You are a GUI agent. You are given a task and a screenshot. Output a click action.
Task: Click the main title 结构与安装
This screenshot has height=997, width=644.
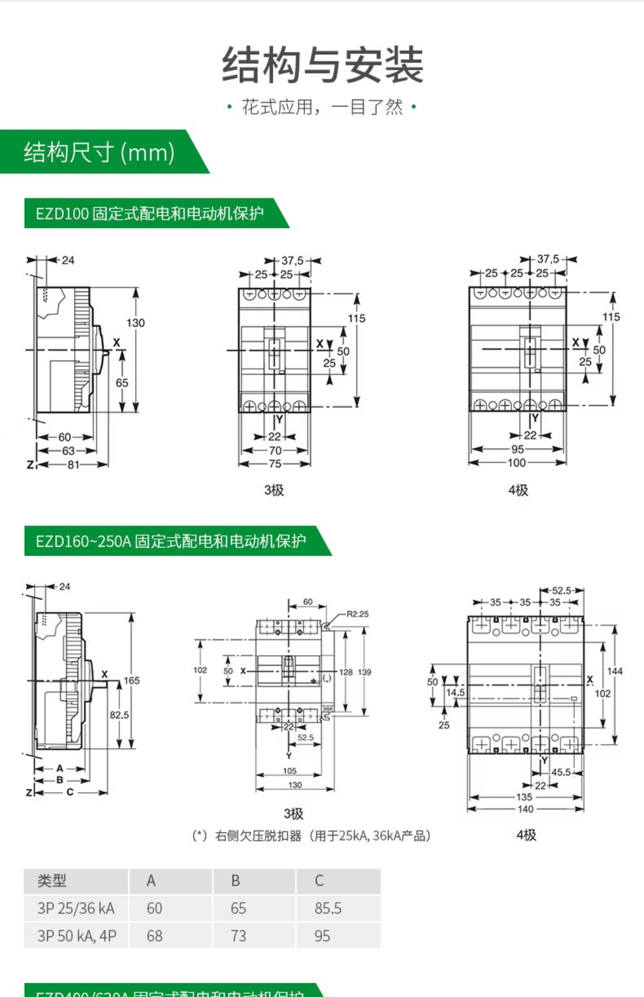pyautogui.click(x=322, y=65)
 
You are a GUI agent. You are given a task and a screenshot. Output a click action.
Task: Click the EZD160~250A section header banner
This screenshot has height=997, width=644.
pyautogui.click(x=171, y=541)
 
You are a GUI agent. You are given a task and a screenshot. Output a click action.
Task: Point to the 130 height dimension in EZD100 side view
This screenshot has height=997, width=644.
pyautogui.click(x=136, y=323)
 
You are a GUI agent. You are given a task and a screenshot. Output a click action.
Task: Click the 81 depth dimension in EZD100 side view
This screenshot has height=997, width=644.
pyautogui.click(x=73, y=464)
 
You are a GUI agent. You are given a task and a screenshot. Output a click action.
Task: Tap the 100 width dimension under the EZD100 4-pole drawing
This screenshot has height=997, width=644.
pyautogui.click(x=517, y=463)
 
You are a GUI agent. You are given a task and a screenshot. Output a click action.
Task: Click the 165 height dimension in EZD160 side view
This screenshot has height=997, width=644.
pyautogui.click(x=131, y=680)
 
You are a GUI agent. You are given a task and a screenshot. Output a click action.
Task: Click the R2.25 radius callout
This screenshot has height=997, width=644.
pyautogui.click(x=358, y=614)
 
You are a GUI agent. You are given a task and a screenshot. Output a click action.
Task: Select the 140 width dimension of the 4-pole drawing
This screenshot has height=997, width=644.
pyautogui.click(x=526, y=809)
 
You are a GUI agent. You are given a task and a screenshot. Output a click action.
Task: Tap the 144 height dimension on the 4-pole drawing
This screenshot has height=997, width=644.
pyautogui.click(x=615, y=671)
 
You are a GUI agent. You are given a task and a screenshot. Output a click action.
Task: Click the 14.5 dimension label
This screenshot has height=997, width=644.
pyautogui.click(x=455, y=693)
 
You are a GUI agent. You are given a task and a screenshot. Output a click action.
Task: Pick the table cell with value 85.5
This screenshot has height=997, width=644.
pyautogui.click(x=328, y=908)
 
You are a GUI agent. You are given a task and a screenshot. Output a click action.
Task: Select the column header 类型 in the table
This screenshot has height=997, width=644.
pyautogui.click(x=52, y=881)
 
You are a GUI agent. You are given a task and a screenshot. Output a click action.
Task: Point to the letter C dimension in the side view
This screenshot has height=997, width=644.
pyautogui.click(x=70, y=792)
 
